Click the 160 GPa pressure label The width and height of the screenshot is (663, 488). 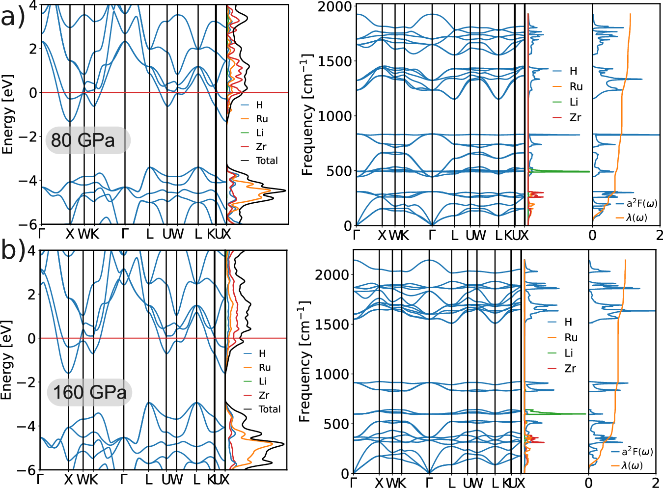89,392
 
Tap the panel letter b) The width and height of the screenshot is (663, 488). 13,250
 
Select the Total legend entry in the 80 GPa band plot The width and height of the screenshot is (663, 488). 266,161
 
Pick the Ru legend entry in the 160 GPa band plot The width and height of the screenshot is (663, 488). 264,367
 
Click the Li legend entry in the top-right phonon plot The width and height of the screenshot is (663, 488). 574,102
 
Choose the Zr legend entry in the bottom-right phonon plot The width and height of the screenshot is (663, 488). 570,369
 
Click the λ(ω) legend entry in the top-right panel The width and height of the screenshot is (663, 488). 636,217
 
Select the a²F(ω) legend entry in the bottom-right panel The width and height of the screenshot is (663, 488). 637,452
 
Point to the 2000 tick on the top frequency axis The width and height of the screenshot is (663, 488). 334,7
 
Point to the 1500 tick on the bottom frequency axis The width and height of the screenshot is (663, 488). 331,325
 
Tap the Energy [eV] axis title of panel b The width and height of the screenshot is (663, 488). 6,360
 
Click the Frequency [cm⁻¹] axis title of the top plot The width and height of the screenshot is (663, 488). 307,115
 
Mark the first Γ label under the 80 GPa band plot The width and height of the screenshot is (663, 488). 42,234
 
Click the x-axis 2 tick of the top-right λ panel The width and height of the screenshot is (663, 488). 659,235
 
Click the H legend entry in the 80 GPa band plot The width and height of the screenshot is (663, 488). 259,105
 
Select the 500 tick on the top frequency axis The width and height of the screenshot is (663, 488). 339,171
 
